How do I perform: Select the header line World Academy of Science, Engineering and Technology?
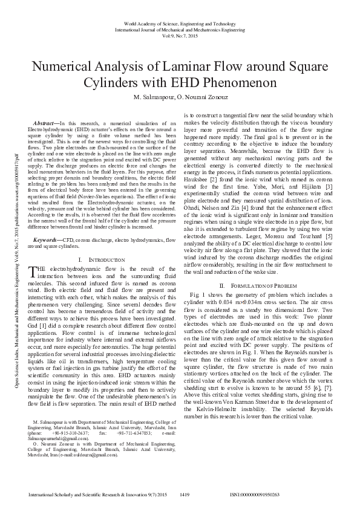click(180, 22)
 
